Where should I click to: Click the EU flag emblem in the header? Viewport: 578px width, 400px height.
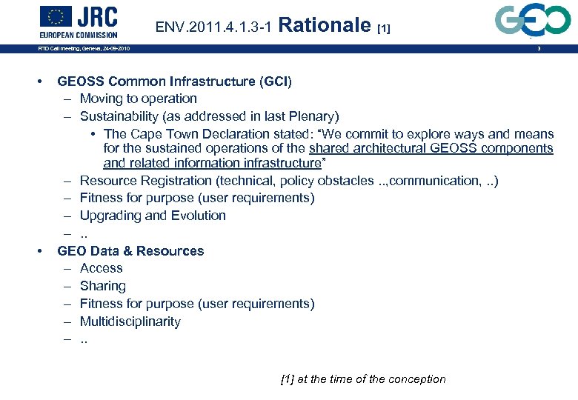click(x=56, y=16)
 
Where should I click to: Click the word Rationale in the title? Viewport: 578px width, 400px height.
click(x=327, y=26)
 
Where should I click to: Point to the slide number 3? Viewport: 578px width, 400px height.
click(x=539, y=49)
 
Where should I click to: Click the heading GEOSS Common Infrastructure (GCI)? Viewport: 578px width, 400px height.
click(x=174, y=81)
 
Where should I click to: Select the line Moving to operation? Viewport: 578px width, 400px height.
click(x=139, y=99)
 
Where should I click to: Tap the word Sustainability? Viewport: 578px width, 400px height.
click(x=119, y=116)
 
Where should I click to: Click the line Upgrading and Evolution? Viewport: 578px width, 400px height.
click(x=153, y=216)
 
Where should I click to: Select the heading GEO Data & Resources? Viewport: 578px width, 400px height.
click(x=130, y=251)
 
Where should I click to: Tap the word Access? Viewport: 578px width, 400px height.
click(x=102, y=268)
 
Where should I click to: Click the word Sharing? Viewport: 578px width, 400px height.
click(x=103, y=286)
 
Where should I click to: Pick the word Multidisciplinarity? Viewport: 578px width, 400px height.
click(x=130, y=321)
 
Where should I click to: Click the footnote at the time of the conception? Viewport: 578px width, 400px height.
click(x=363, y=379)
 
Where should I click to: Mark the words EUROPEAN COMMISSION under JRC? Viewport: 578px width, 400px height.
click(x=79, y=34)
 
